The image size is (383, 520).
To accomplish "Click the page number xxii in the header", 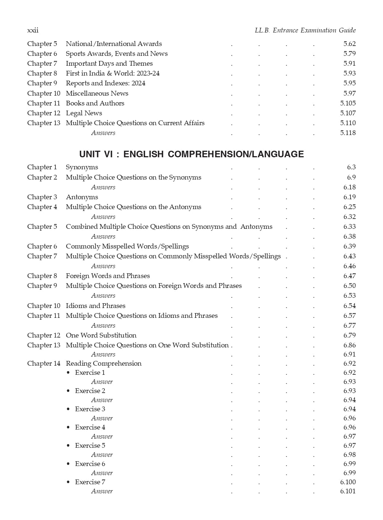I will (x=33, y=30).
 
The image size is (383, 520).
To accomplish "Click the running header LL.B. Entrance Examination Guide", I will (x=305, y=30).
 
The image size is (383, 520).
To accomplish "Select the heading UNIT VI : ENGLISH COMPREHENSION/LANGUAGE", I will (x=191, y=154).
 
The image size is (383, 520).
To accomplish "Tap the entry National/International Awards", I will (x=114, y=44).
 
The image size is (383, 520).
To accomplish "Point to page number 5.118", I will (x=348, y=133).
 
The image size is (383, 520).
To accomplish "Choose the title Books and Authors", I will (x=95, y=103).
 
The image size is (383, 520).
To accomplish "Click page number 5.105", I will (x=348, y=103).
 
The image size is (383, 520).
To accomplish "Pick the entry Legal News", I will (x=84, y=113).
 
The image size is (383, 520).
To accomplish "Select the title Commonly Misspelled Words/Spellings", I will (x=127, y=246).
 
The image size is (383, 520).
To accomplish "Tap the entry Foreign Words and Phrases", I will (x=108, y=276).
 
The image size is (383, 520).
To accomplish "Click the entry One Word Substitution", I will (x=101, y=335).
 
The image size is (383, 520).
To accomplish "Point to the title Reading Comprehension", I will (x=104, y=363).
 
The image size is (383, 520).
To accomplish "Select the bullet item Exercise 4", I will (x=90, y=427).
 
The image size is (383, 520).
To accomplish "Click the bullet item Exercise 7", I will (x=90, y=482).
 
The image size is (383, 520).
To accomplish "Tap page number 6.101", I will (x=348, y=491).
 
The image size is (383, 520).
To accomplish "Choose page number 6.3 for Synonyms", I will (x=351, y=167).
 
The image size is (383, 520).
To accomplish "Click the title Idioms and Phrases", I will (x=96, y=306).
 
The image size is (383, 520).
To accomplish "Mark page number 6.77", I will (x=349, y=326).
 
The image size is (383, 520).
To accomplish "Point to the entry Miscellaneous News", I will (x=97, y=93).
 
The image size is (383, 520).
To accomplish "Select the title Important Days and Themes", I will (x=109, y=63).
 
